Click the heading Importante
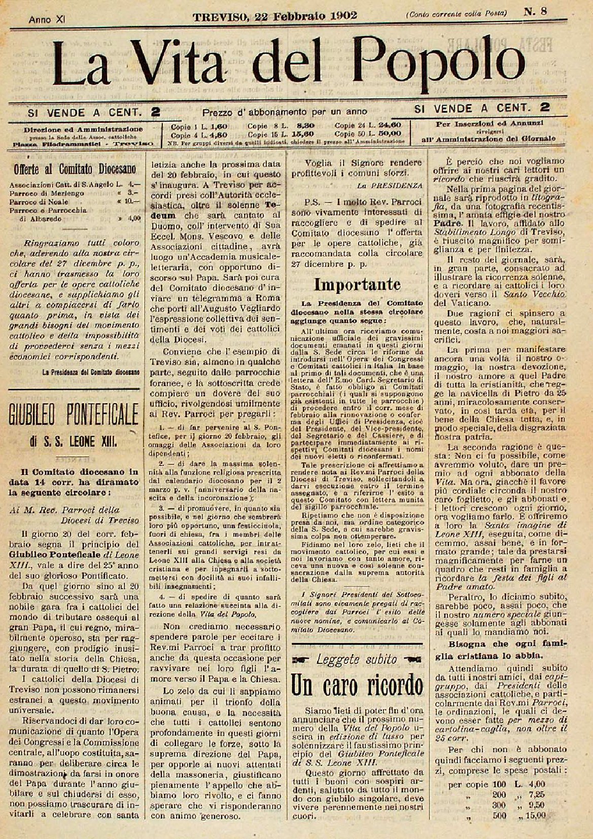click(357, 284)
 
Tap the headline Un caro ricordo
click(357, 685)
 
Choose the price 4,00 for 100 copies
click(534, 784)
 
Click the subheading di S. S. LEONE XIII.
click(74, 442)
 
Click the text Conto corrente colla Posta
click(456, 14)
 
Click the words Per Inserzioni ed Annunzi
click(490, 123)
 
